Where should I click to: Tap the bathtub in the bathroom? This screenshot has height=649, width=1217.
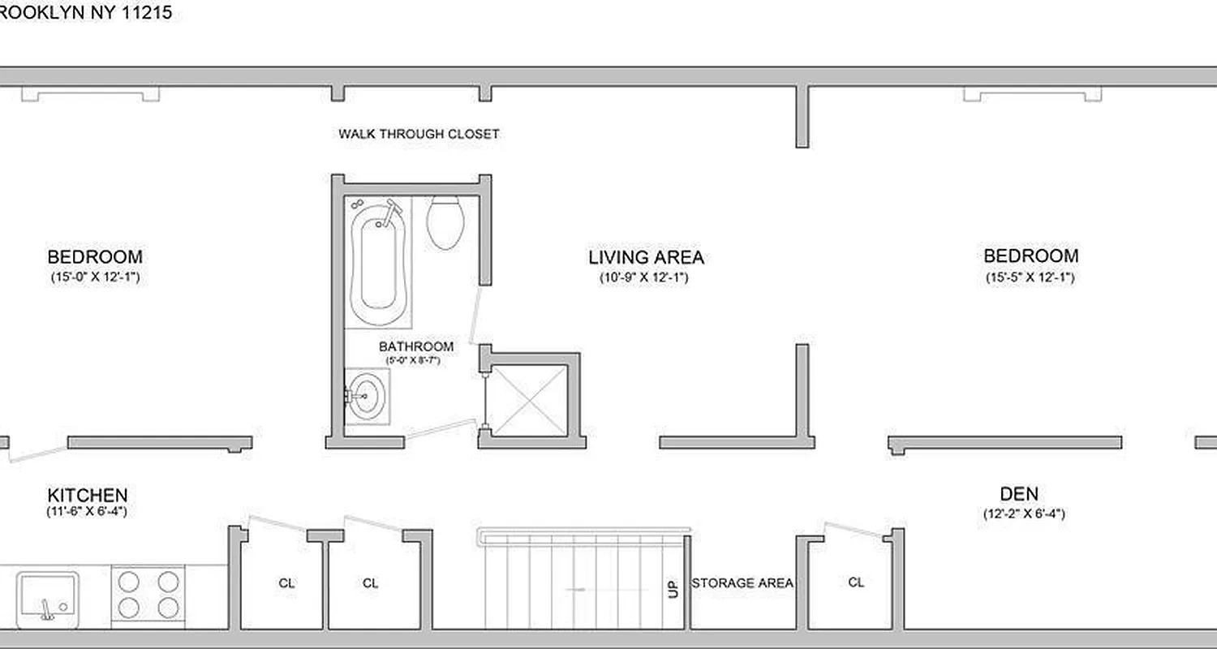point(377,260)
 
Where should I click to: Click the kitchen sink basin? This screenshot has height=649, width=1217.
point(48,596)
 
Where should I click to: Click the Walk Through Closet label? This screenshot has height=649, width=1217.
point(419,134)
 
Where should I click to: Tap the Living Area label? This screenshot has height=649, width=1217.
point(646,258)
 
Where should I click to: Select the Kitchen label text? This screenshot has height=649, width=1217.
point(87,495)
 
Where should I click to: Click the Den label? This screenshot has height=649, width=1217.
point(1018,493)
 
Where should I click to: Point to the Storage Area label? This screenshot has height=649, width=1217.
point(742,583)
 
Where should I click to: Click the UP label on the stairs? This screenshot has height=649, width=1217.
point(673,587)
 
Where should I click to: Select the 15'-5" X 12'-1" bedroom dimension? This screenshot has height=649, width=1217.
point(1031,277)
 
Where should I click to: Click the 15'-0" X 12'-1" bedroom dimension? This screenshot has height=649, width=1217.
point(96,277)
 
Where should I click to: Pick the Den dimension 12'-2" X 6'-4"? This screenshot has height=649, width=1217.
point(1021,514)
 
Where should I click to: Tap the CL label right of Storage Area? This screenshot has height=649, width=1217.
point(856,582)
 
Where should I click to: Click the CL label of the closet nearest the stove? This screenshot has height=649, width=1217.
point(286,582)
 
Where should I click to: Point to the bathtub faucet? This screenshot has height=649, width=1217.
point(392,210)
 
